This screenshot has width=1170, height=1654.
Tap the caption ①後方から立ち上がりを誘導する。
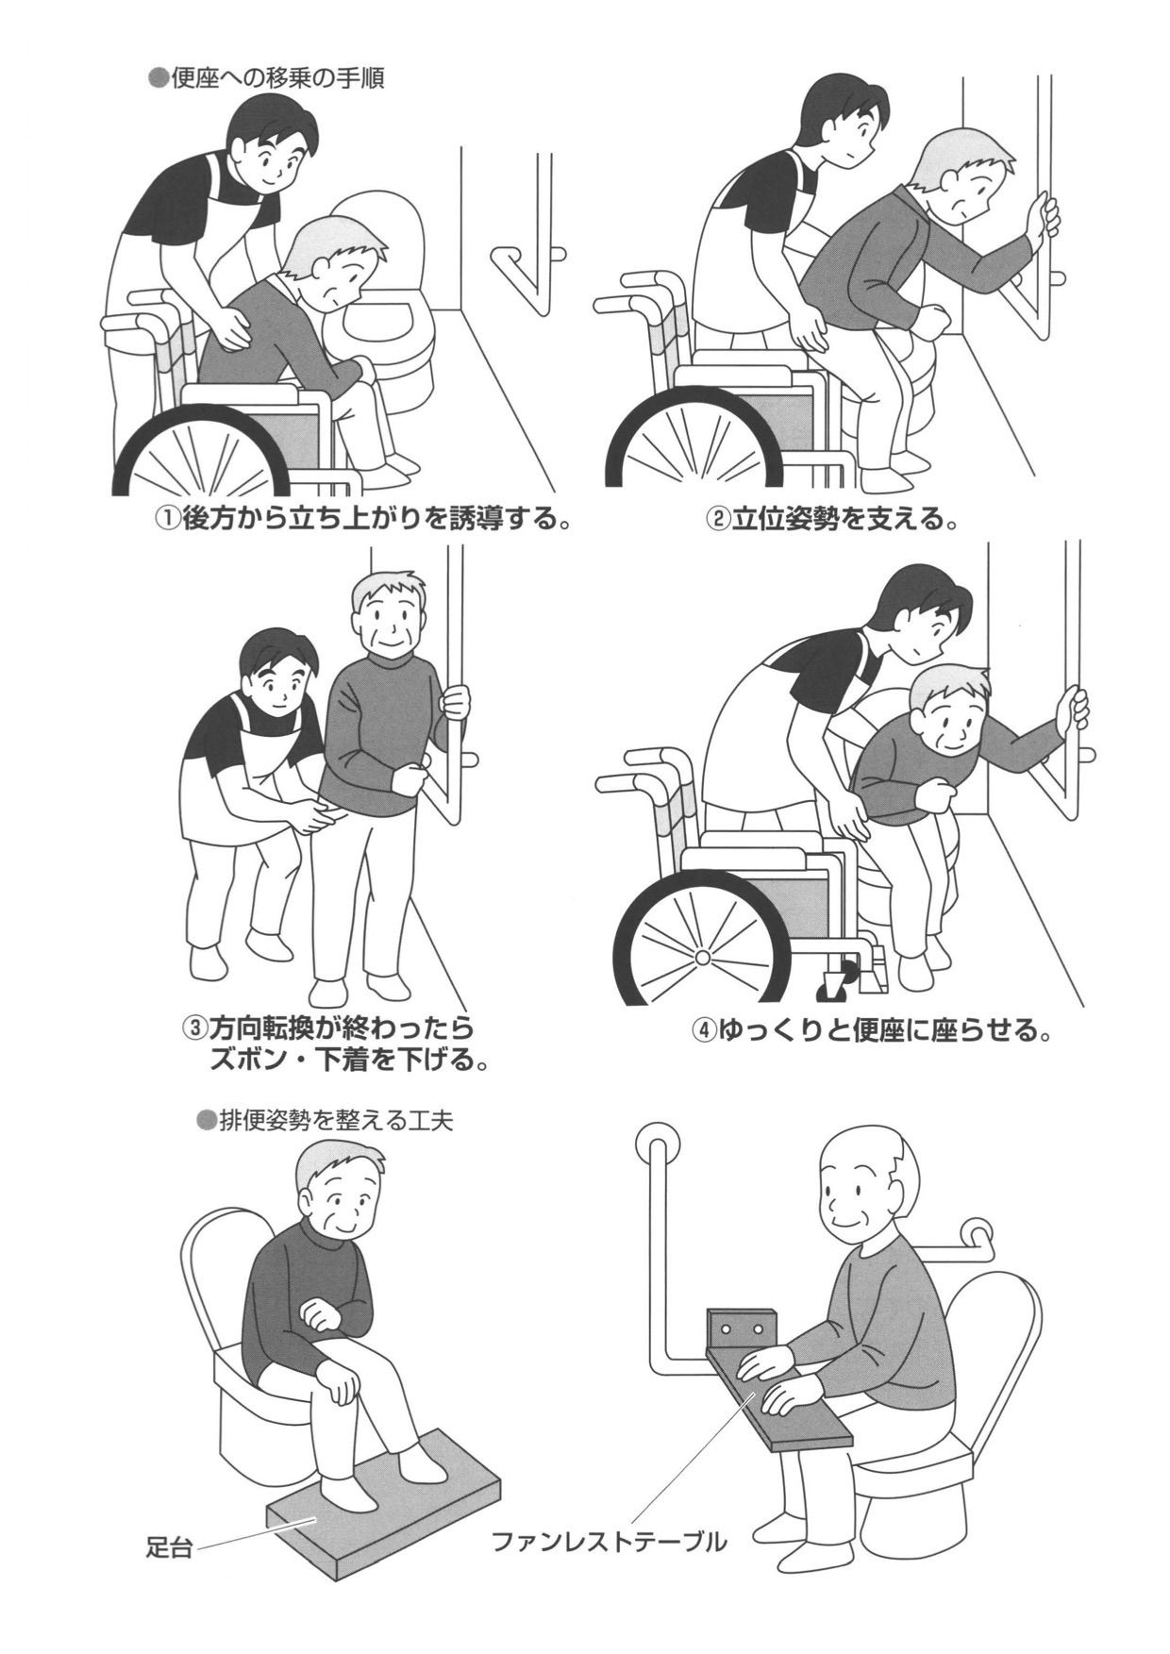pyautogui.click(x=365, y=519)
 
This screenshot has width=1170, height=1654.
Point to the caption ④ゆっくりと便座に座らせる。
pyautogui.click(x=873, y=1029)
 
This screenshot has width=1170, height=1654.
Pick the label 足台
pyautogui.click(x=169, y=1548)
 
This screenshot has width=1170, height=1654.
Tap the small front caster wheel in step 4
pyautogui.click(x=834, y=984)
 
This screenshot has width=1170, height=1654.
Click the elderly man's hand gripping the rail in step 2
pyautogui.click(x=1044, y=215)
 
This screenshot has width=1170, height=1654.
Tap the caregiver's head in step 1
pyautogui.click(x=274, y=146)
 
